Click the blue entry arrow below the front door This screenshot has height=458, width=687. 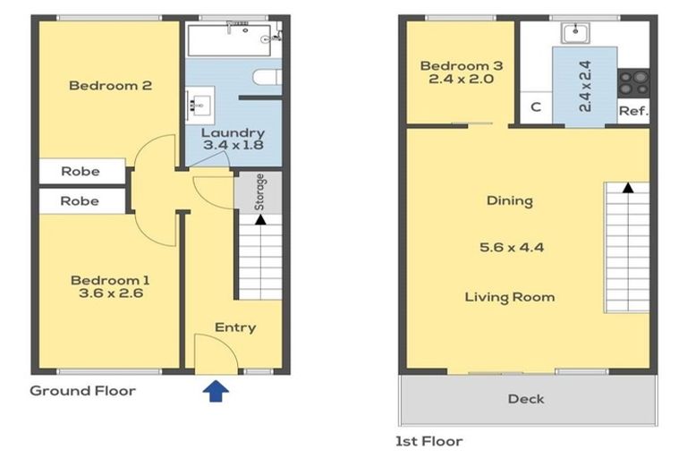coord(216,391)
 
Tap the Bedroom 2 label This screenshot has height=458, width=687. coord(110,86)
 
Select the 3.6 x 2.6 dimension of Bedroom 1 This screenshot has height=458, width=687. coord(111,293)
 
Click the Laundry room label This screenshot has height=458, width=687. coord(233,132)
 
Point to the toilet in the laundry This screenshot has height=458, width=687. coord(267,77)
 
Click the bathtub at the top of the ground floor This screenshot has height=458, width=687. coord(229,40)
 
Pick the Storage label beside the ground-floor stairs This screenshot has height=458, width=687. coord(259,192)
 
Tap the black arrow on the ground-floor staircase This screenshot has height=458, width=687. coord(260,219)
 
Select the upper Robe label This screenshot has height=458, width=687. coord(81,172)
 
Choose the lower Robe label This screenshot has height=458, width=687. coord(80,201)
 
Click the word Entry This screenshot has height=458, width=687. coord(235,327)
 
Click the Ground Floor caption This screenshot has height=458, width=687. coord(83,391)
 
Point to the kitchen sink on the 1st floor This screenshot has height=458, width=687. coord(575,33)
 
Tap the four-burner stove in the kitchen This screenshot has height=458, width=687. coord(633,83)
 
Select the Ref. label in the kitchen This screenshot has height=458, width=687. coord(633,111)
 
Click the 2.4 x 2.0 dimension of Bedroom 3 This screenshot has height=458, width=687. coord(462,80)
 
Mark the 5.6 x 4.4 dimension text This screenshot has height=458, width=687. coord(512,248)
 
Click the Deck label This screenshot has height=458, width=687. coord(526,399)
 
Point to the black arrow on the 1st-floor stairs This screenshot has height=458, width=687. coord(628,188)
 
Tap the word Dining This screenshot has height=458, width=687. coord(510,201)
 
